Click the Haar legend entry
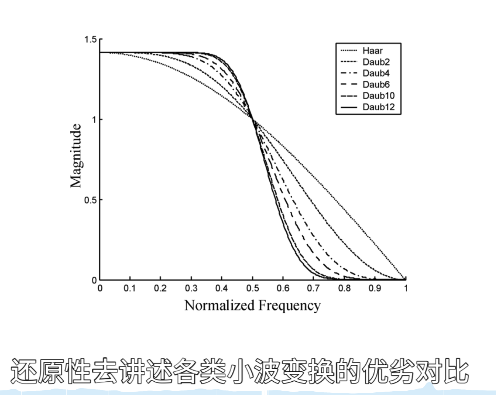coord(372,51)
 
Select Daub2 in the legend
coord(376,62)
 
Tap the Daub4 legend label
coord(376,73)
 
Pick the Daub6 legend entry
coord(376,84)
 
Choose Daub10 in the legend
coord(378,96)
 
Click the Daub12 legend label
coord(378,107)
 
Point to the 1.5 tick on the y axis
coord(91,40)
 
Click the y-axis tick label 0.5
coord(91,200)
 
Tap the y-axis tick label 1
coord(94,120)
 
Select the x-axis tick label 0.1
coord(130,288)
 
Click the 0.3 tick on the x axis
coord(191,288)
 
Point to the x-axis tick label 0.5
coord(252,288)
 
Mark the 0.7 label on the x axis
coord(314,288)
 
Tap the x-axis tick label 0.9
coord(375,288)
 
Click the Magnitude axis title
coord(76,156)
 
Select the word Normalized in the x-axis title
coord(219,306)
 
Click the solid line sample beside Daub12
coord(349,107)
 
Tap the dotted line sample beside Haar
coord(349,51)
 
